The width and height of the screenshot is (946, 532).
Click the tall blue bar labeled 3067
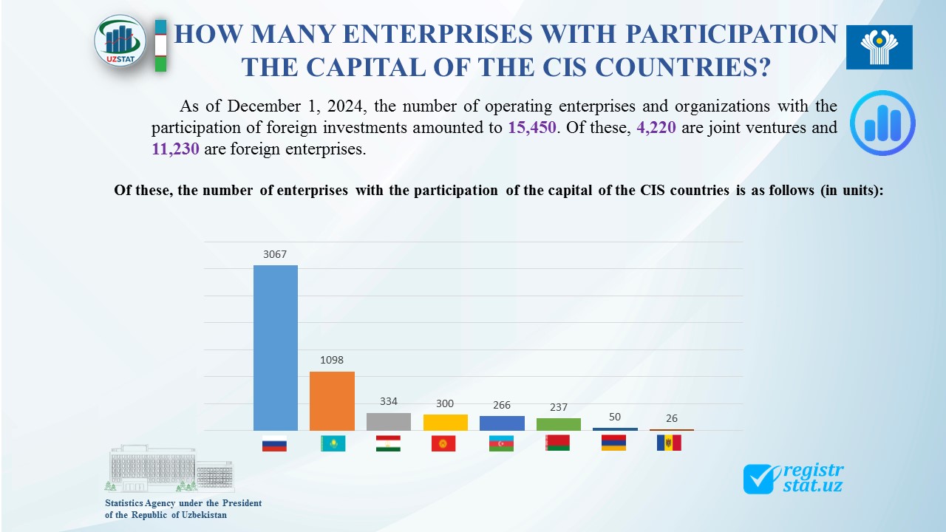[276, 347]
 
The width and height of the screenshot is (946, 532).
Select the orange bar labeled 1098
[332, 400]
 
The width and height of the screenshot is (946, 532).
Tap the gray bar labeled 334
[389, 421]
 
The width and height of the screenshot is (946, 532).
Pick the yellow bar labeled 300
[445, 422]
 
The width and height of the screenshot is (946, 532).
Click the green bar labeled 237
[558, 424]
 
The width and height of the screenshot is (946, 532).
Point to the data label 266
[501, 405]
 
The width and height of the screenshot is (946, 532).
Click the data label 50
[615, 417]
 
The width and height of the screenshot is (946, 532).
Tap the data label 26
[671, 418]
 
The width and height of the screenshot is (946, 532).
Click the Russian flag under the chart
[274, 443]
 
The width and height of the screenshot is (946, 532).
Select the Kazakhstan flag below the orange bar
[332, 443]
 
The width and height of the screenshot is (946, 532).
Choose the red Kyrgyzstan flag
[443, 443]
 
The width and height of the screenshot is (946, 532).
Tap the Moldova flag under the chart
[669, 443]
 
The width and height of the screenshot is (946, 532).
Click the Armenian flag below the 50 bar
[613, 443]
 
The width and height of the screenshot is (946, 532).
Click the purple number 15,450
[532, 127]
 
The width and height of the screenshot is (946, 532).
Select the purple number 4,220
[656, 127]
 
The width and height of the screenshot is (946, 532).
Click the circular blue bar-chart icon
[882, 123]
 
